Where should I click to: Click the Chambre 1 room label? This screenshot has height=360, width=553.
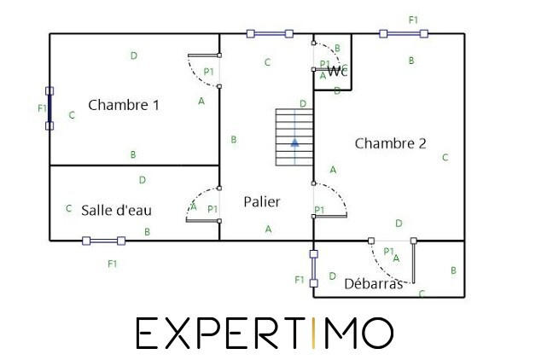click(124, 106)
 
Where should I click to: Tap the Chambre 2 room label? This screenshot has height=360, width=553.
click(390, 143)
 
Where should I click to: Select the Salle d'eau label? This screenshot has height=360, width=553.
click(117, 210)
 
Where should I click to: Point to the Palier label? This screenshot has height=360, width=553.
click(262, 202)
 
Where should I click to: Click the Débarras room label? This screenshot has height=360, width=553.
click(373, 284)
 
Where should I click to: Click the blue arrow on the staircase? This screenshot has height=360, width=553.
click(294, 142)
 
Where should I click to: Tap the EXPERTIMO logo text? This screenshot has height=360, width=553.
click(265, 334)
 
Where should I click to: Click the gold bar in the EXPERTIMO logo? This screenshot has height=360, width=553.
click(311, 334)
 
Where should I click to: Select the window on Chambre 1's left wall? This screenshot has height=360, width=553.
click(49, 108)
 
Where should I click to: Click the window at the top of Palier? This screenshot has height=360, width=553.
click(270, 34)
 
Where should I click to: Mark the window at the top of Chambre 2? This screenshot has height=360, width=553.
click(404, 34)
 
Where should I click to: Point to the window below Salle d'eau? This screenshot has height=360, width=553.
click(103, 241)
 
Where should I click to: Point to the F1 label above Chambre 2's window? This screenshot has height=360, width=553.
click(414, 19)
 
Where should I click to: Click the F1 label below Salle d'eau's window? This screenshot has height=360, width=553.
click(112, 264)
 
